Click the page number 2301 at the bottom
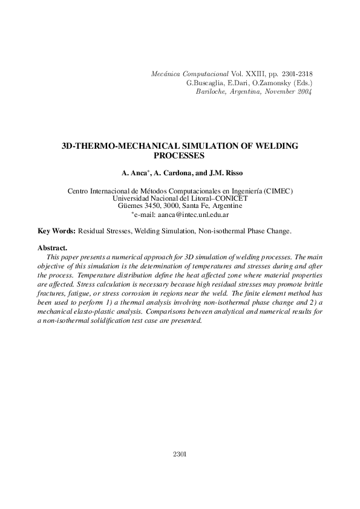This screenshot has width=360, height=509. point(180,453)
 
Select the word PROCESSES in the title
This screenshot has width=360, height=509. point(180,155)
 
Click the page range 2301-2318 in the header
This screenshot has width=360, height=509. point(297,74)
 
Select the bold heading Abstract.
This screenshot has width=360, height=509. point(52,248)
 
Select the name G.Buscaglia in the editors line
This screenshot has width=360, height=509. point(207,83)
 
